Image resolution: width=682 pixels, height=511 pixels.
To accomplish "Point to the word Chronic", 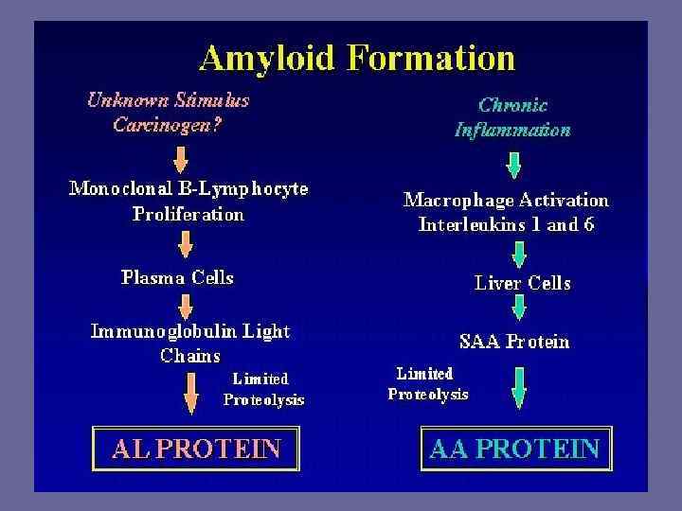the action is coord(512,105).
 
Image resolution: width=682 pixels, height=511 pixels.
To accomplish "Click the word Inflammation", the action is coord(512,130).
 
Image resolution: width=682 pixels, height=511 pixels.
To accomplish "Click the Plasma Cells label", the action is coord(177,277).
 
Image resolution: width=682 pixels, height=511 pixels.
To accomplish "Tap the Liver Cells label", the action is coord(522,282).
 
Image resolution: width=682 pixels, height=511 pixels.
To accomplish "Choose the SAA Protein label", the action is coord(514,341).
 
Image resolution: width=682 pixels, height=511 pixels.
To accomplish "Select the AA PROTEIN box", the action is coord(515,447).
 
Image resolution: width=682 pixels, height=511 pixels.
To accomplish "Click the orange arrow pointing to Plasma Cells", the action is coord(186,248).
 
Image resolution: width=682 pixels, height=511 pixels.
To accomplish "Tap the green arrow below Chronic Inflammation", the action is coord(513,166).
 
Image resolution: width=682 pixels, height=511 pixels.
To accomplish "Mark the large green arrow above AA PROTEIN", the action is coord(519,388).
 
